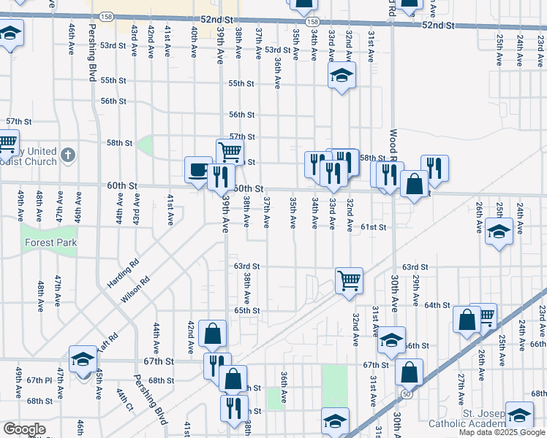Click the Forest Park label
coord(50,242)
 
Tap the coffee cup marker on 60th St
coord(198,171)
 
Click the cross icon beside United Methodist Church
coord(68,155)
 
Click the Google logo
coord(24,429)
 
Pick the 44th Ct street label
coord(121,401)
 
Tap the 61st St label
coord(373,227)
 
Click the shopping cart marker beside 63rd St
coord(349,280)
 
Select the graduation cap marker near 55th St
coord(341,75)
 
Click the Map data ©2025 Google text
coord(502,432)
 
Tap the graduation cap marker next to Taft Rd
coord(83,359)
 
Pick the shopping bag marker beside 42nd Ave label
coord(212,334)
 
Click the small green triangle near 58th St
coord(145,145)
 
